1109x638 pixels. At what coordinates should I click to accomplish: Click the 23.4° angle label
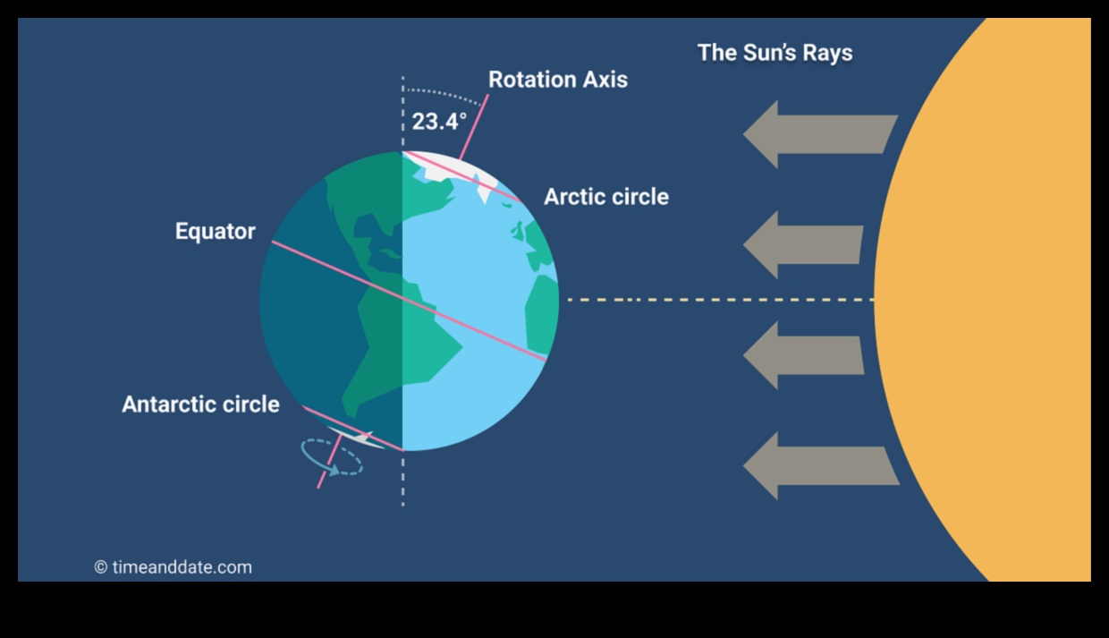tap(439, 122)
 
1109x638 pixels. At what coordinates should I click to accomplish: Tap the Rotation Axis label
tap(557, 80)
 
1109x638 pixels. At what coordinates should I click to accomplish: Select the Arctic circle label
tap(605, 197)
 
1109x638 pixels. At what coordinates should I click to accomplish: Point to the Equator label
tap(215, 232)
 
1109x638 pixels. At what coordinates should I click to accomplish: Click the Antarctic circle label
tap(200, 404)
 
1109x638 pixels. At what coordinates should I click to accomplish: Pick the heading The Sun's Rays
tap(775, 53)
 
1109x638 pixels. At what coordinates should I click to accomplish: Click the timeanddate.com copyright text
tap(174, 567)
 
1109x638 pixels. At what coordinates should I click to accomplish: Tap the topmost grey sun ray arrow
tap(818, 134)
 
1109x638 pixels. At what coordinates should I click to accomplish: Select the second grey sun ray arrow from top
tap(803, 244)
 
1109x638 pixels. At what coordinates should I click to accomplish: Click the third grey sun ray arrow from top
tap(803, 355)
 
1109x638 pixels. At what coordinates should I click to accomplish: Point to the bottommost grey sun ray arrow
tap(819, 466)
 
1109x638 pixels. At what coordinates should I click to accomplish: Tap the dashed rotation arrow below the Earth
tap(331, 455)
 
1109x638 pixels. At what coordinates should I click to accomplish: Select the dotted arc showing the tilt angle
tap(447, 92)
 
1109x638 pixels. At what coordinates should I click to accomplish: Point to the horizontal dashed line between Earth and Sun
tap(715, 300)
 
